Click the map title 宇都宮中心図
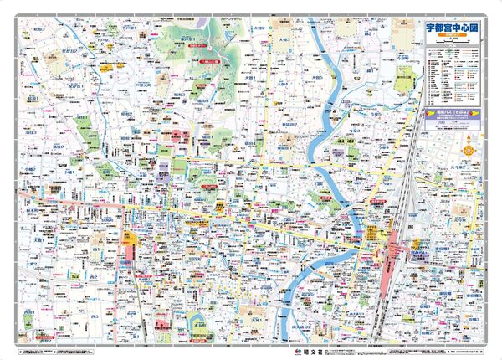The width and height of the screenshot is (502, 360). (448, 27)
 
